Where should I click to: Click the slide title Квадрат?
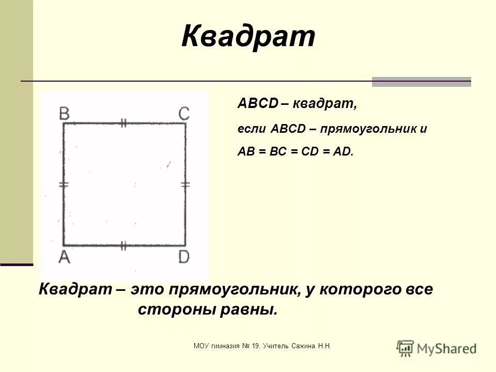(248, 37)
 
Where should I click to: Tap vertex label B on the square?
(65, 114)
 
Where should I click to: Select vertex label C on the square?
(184, 114)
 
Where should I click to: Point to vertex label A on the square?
(64, 257)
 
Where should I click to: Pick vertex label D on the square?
(184, 257)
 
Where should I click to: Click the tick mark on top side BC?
(123, 123)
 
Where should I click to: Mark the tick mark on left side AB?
(64, 184)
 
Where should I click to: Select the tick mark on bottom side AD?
(123, 245)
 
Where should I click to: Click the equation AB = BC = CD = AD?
(296, 152)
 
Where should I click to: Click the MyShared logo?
(437, 348)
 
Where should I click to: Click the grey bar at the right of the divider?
(421, 82)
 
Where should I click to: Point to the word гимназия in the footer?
(225, 345)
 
